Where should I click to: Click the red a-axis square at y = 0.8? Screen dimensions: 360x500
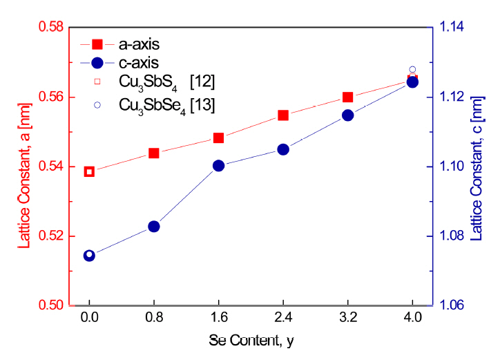(154, 153)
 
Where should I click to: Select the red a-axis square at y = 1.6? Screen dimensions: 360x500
(219, 138)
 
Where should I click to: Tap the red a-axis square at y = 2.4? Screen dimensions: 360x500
(283, 115)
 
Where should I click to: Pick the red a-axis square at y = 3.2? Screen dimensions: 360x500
(348, 97)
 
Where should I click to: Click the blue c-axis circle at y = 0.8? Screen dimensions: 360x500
(154, 227)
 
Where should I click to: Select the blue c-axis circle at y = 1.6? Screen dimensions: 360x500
(219, 166)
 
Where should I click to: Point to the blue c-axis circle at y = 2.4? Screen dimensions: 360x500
(283, 149)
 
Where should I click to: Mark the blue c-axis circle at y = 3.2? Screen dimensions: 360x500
(348, 115)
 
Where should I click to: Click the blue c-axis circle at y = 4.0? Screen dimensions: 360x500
(412, 82)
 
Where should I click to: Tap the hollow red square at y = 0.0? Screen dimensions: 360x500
(89, 171)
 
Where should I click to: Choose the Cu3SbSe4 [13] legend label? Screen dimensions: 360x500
(166, 105)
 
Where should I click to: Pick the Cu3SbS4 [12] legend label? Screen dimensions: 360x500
(166, 84)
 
